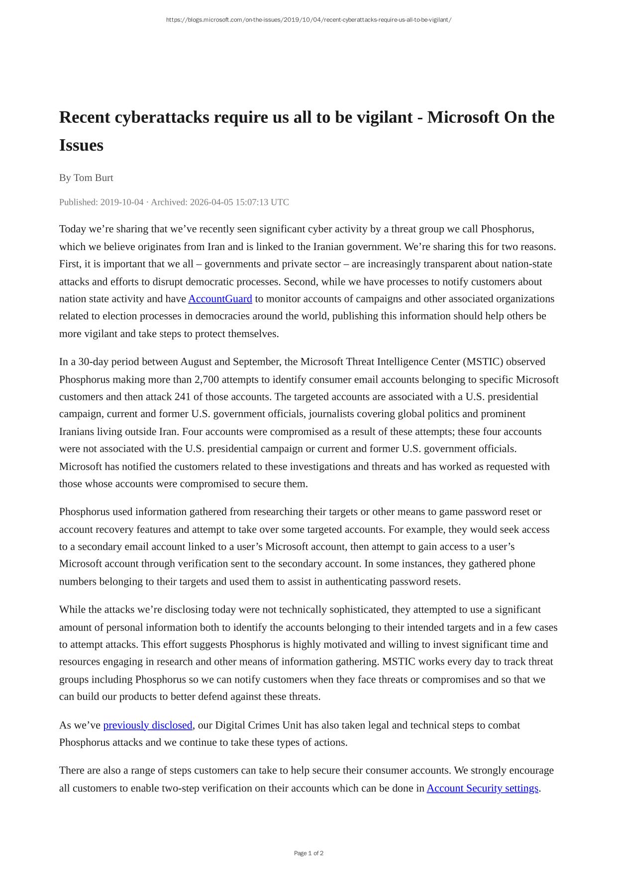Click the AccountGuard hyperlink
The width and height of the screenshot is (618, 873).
point(220,299)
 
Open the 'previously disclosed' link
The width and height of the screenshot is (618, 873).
point(147,725)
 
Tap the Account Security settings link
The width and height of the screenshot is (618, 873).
point(482,788)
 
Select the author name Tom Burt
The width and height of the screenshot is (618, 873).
point(93,178)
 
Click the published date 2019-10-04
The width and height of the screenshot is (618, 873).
point(122,202)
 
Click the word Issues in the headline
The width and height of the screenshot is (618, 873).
point(81,145)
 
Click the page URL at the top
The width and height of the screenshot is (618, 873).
point(309,20)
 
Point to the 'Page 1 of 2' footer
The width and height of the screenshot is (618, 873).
point(309,853)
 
